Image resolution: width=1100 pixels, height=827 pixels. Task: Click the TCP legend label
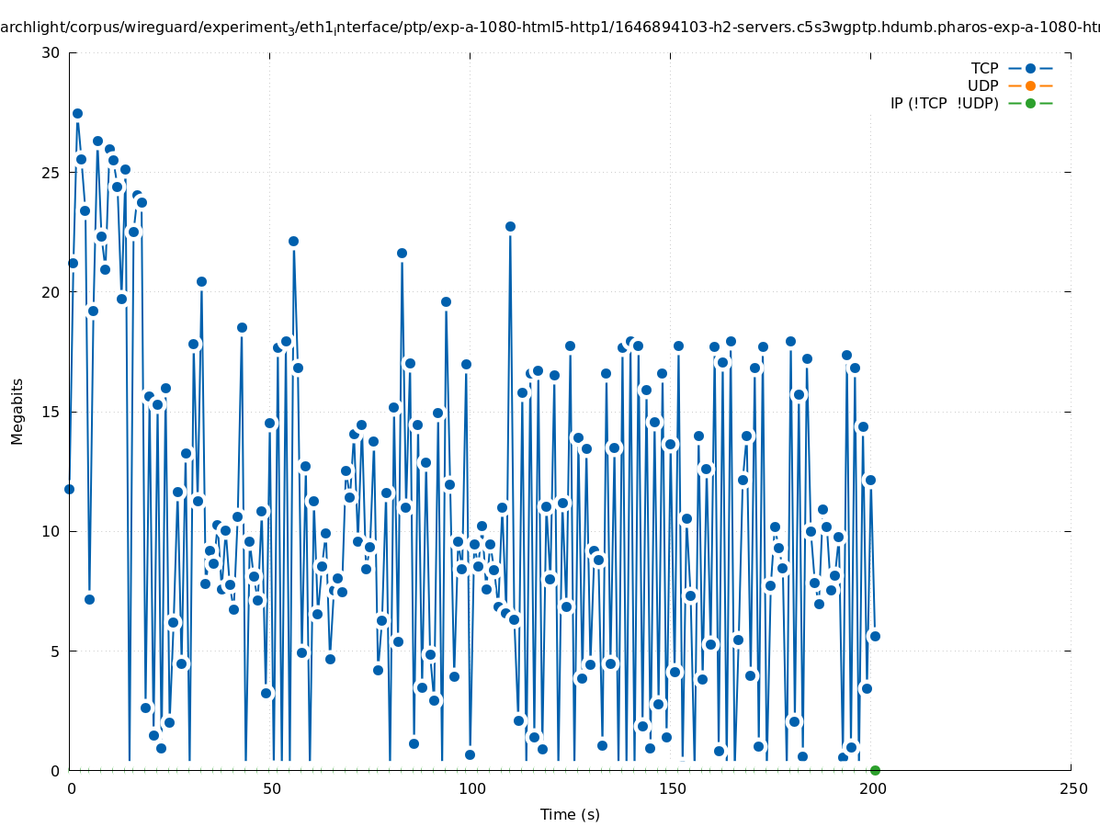point(984,68)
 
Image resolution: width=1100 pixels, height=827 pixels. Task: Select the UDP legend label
point(982,85)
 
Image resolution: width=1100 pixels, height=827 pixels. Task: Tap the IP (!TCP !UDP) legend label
point(944,103)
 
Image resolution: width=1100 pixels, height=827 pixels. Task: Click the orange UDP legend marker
point(1030,85)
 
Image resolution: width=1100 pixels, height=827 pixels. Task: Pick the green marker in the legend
point(1030,103)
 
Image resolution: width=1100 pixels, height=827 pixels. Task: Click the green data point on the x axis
point(875,770)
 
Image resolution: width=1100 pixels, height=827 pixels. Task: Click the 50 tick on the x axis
point(270,788)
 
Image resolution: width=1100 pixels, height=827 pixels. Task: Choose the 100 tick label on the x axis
point(471,788)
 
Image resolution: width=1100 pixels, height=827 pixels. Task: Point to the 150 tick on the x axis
point(671,788)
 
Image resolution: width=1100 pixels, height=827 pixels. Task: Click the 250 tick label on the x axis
point(1072,788)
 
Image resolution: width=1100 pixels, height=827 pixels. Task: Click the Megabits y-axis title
point(17,411)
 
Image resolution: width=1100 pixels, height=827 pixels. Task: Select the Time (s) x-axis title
point(570,814)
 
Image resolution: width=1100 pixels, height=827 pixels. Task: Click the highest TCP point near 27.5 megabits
point(77,113)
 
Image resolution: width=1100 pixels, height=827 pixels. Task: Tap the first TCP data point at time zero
point(69,489)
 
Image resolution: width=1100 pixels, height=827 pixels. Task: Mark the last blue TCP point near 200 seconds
point(875,636)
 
